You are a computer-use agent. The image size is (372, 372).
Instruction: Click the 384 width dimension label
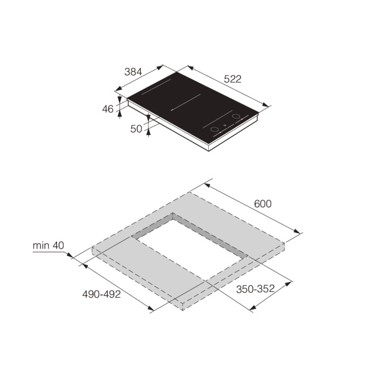tap(133, 72)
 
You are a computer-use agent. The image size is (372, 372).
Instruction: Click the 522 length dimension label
tap(232, 79)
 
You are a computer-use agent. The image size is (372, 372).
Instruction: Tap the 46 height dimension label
tap(108, 109)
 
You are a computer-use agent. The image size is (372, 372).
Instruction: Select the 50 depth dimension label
tap(136, 128)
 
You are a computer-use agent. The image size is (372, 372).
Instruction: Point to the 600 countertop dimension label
tap(262, 203)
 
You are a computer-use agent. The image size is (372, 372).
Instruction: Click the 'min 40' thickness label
tap(49, 246)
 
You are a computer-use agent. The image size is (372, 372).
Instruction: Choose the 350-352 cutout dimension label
tap(255, 290)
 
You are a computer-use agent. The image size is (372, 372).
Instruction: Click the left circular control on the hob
tap(213, 129)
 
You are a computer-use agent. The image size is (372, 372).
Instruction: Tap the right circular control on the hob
tap(236, 116)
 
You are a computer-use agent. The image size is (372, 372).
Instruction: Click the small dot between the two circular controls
tap(224, 123)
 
